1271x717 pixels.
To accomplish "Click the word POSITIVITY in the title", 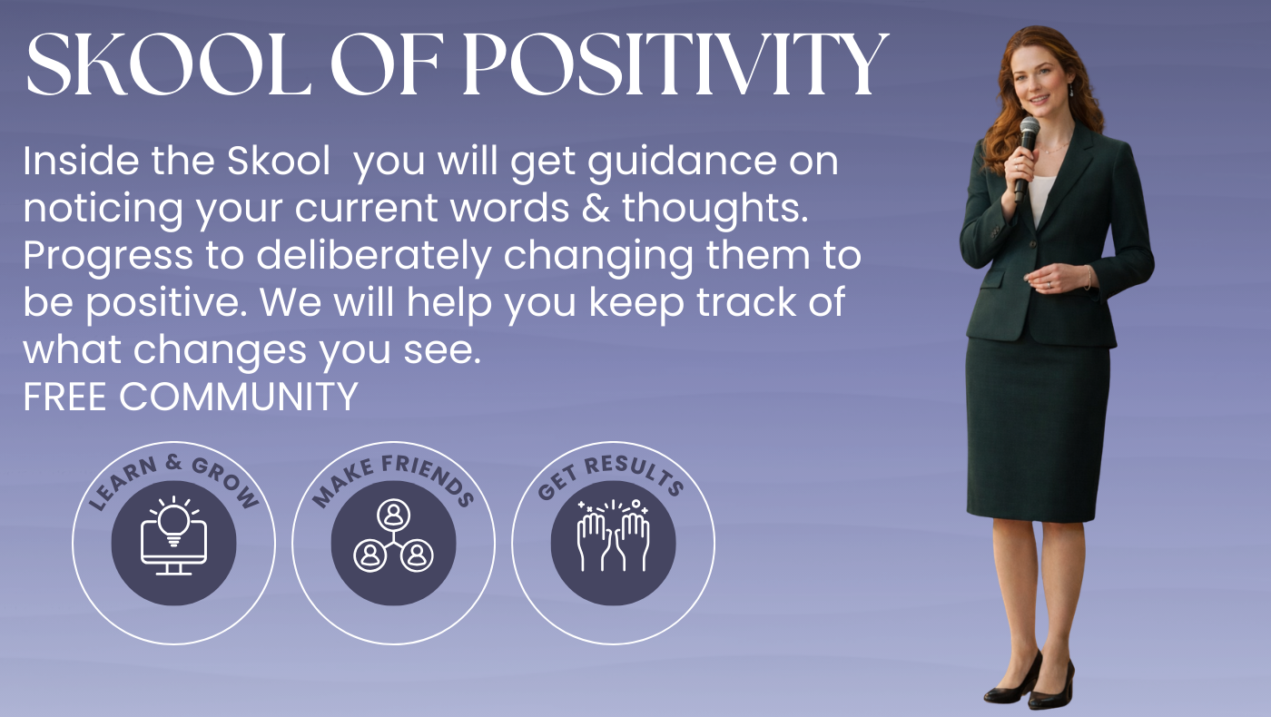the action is pos(675,64).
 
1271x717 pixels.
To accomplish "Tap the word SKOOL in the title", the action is pos(169,64).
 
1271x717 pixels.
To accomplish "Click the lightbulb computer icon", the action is pos(173,536).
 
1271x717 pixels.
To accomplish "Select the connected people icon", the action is pos(393,536).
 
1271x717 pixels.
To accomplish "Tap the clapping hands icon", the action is pos(613,536).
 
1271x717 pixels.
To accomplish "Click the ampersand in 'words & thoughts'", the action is pos(596,208).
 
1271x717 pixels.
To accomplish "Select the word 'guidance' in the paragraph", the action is pos(681,162).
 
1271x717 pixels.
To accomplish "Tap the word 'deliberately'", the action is pos(374,257).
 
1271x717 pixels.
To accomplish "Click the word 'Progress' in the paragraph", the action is pos(108,257).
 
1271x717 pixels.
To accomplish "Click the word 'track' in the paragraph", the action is pos(745,301).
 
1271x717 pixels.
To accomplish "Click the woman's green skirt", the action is pos(1037,431).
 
